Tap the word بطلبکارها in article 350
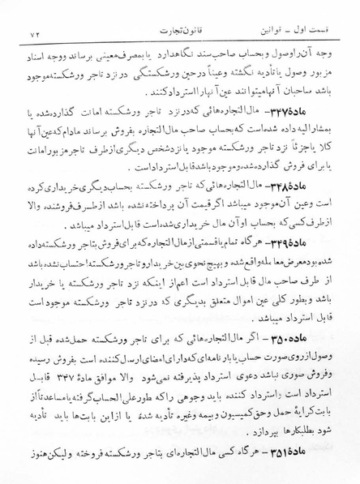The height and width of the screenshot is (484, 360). tap(292, 430)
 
